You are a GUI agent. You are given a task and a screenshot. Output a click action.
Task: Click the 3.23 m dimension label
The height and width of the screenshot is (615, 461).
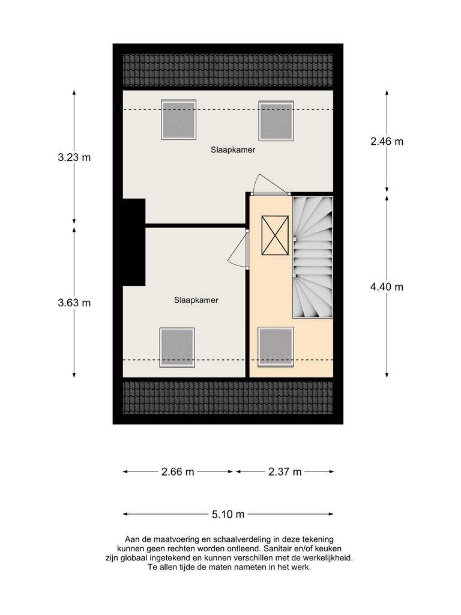click(x=74, y=158)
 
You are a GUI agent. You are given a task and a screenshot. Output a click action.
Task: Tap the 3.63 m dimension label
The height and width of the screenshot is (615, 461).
click(x=74, y=303)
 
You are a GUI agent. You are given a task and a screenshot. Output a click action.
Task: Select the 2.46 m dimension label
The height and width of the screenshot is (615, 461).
click(x=387, y=142)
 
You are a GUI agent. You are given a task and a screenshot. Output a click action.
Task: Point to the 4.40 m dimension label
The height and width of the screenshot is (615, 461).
click(x=387, y=287)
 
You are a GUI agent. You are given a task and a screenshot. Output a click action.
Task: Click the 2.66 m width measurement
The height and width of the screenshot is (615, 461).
click(x=178, y=472)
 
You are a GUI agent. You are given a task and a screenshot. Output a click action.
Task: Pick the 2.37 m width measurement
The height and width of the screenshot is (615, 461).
click(x=285, y=472)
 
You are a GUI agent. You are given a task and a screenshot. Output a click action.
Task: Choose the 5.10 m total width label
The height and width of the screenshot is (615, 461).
click(x=228, y=514)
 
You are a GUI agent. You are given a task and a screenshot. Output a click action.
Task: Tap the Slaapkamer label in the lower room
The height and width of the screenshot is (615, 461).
click(x=196, y=300)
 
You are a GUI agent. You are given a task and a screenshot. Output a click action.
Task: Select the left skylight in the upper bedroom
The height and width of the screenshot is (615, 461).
click(x=178, y=120)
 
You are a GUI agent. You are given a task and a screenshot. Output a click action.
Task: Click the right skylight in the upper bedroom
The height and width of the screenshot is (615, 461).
click(x=276, y=120)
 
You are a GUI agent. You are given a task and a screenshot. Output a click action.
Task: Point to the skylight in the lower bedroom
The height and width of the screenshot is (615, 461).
click(x=177, y=347)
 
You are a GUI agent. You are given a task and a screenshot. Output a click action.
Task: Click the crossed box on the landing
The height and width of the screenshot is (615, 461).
click(x=275, y=235)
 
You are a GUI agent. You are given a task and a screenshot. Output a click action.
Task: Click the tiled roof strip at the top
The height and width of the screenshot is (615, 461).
click(x=227, y=70)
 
